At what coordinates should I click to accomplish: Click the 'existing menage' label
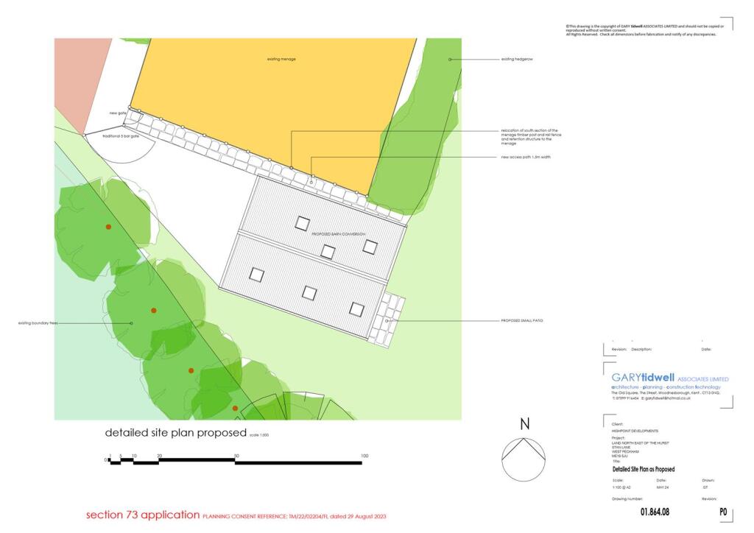[281, 59]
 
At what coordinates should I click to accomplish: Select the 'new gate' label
[118, 113]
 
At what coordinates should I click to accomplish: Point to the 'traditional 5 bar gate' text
[121, 136]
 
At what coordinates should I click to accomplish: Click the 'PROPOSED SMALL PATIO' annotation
[521, 321]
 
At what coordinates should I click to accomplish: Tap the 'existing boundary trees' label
[38, 323]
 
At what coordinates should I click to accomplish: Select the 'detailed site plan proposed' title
[176, 433]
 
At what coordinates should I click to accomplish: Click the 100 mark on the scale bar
[364, 456]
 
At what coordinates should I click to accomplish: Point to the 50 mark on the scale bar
[236, 456]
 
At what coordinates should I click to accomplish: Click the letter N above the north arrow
[524, 424]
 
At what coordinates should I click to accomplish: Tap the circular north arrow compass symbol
[524, 459]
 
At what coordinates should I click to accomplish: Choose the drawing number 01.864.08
[654, 512]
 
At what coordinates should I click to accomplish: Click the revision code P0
[723, 512]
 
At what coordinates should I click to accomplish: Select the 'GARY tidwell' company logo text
[643, 378]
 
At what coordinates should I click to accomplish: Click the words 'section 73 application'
[143, 515]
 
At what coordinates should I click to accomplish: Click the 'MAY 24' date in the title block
[661, 487]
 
